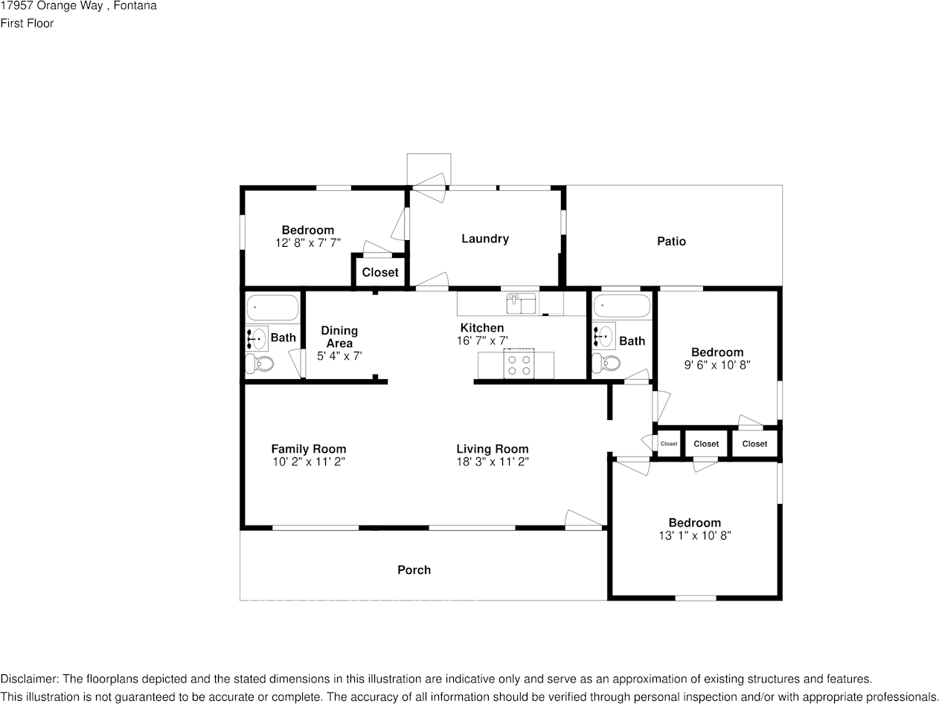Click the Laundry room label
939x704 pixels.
pos(485,239)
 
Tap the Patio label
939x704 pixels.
pos(671,242)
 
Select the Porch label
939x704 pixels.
pos(414,569)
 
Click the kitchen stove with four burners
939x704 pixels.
pos(519,364)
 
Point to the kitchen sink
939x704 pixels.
pos(521,303)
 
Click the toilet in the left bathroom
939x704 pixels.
pos(260,364)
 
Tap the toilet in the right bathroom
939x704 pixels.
pos(606,364)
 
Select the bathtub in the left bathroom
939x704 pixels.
pos(272,307)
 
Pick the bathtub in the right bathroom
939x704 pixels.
pos(621,306)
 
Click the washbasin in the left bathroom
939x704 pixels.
pos(257,338)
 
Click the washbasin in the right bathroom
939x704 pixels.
pos(603,335)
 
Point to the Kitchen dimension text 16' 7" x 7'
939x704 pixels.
pos(482,340)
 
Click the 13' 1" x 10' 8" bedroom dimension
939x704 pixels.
pos(695,535)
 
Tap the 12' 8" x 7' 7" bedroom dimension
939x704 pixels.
pos(308,243)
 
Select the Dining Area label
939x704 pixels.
pos(340,337)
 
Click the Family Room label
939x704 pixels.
pos(309,449)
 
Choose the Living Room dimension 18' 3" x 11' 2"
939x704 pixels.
pos(493,462)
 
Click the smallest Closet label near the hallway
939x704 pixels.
pos(669,444)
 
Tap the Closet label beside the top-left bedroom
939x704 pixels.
pos(380,272)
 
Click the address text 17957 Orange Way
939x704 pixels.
pos(53,6)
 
